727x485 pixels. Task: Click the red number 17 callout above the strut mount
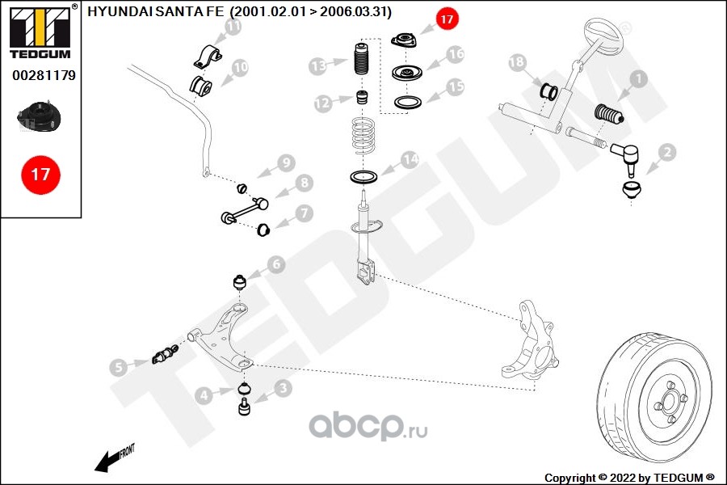447,19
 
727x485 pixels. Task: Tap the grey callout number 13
318,66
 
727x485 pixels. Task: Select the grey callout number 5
119,367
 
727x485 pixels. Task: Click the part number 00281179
44,75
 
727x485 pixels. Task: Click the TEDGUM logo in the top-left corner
40,31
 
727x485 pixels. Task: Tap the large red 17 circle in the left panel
41,175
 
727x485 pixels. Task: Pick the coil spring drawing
363,136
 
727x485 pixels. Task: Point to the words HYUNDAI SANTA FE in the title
155,11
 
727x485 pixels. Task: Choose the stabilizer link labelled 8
245,210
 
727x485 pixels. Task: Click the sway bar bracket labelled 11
208,57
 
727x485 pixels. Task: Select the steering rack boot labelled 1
609,115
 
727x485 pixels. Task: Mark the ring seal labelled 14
363,177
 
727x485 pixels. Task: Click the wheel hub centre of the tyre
670,399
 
